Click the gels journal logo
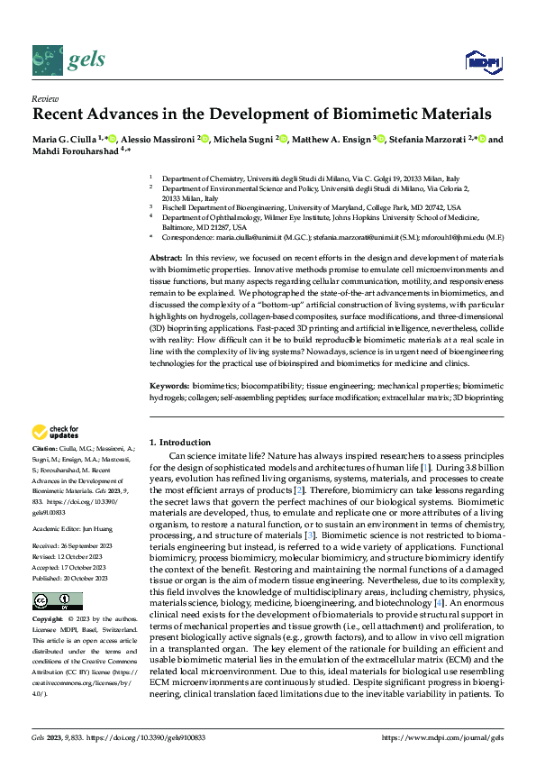point(68,59)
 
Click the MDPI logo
point(482,61)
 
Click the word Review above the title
point(44,98)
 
